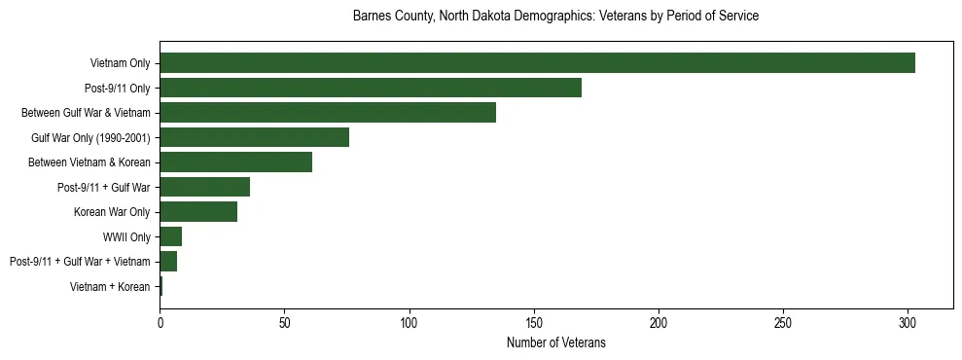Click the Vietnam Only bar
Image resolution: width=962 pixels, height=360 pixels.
pos(537,63)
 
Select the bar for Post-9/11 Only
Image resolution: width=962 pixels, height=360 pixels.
pos(371,89)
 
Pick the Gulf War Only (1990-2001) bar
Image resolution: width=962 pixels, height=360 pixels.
pos(254,138)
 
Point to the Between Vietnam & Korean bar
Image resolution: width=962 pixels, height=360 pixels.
pos(235,162)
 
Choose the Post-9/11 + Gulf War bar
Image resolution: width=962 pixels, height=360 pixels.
pos(204,188)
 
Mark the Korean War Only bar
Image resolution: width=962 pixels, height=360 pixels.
pos(198,212)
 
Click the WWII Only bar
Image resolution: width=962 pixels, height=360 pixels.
pos(170,237)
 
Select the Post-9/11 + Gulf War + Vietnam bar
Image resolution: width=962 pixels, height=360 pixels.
pos(168,262)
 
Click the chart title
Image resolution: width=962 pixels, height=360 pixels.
pos(555,17)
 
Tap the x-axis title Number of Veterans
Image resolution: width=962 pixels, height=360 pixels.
pos(555,342)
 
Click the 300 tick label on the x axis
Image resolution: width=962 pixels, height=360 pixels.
pos(908,321)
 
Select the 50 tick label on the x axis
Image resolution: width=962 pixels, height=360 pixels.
pos(284,321)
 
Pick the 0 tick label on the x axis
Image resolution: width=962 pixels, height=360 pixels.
pos(160,321)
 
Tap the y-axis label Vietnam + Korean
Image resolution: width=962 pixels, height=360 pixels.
pos(110,287)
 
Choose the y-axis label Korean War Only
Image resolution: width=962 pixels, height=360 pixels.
pos(112,212)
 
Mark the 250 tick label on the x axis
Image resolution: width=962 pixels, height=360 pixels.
pos(783,321)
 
